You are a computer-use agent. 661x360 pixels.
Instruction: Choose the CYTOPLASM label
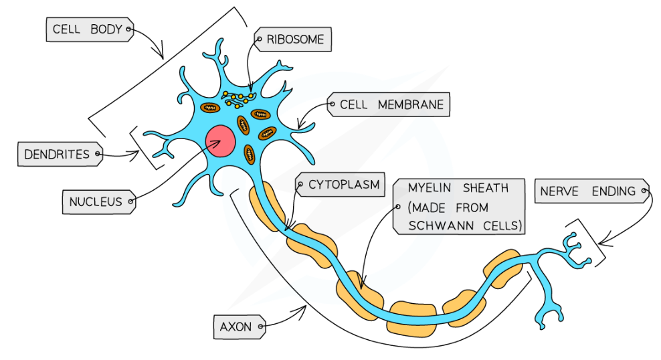tap(343, 185)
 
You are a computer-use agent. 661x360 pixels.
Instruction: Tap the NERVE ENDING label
tap(591, 191)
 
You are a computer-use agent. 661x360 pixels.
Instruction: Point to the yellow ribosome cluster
tap(238, 98)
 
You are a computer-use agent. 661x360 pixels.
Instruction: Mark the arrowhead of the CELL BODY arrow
tap(161, 55)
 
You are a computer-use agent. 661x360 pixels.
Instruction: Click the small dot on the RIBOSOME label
tap(260, 39)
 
